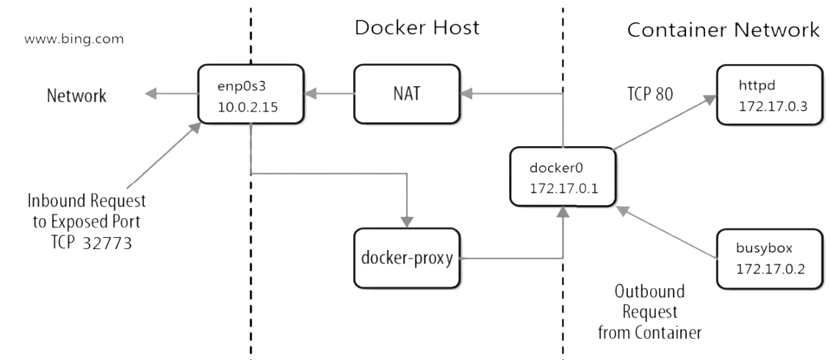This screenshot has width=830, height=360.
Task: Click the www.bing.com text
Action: click(73, 38)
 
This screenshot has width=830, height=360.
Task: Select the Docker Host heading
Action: click(416, 28)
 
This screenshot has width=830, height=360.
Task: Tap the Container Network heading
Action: click(723, 30)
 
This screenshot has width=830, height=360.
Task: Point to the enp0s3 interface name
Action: click(237, 87)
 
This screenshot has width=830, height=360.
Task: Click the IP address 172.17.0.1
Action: click(564, 187)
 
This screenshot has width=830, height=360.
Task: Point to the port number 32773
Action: click(107, 243)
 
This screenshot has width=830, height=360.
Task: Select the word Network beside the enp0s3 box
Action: click(76, 96)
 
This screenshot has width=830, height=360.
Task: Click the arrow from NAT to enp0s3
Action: click(330, 93)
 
